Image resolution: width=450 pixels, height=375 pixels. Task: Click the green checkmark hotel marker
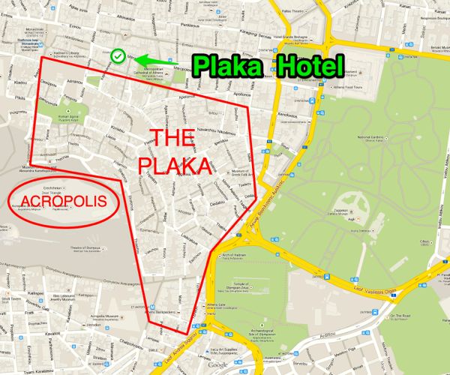coord(118,55)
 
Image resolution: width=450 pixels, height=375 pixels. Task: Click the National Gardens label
coord(372,139)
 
